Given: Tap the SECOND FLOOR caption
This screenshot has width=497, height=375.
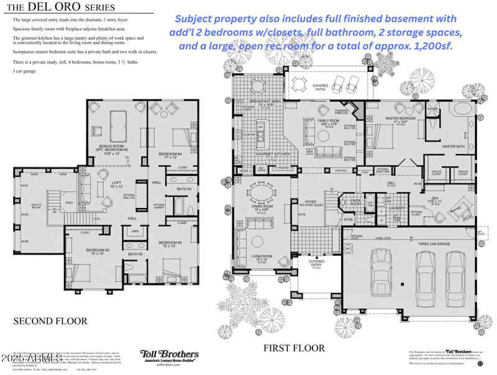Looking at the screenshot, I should (50, 321).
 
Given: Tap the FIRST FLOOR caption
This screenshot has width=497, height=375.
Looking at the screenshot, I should (293, 348).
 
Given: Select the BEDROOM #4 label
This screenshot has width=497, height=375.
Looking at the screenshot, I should (170, 155).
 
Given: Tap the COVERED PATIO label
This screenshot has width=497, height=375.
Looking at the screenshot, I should (321, 87).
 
